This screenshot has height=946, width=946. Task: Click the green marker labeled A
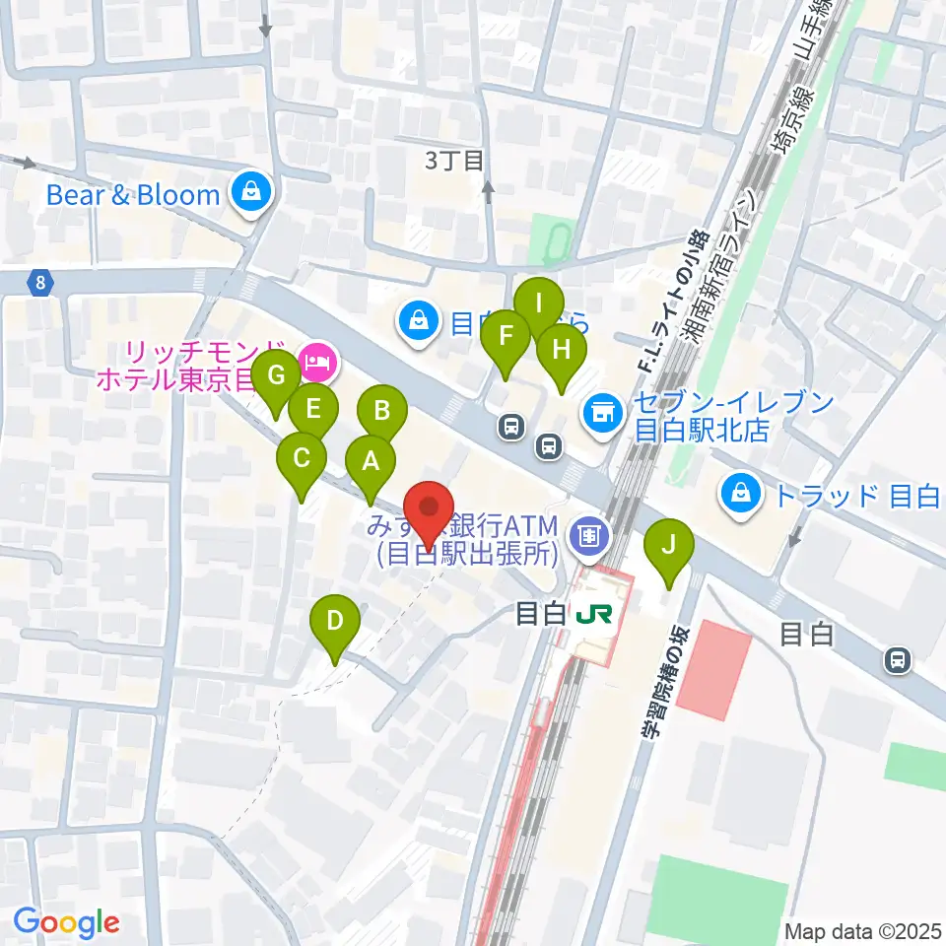click(371, 461)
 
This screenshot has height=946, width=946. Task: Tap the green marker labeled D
click(335, 623)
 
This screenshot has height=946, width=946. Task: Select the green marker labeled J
click(669, 545)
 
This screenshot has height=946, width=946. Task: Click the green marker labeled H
click(561, 350)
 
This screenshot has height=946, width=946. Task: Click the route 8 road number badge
click(38, 284)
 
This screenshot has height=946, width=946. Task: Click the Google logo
click(66, 922)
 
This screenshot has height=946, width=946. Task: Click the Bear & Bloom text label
click(133, 194)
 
